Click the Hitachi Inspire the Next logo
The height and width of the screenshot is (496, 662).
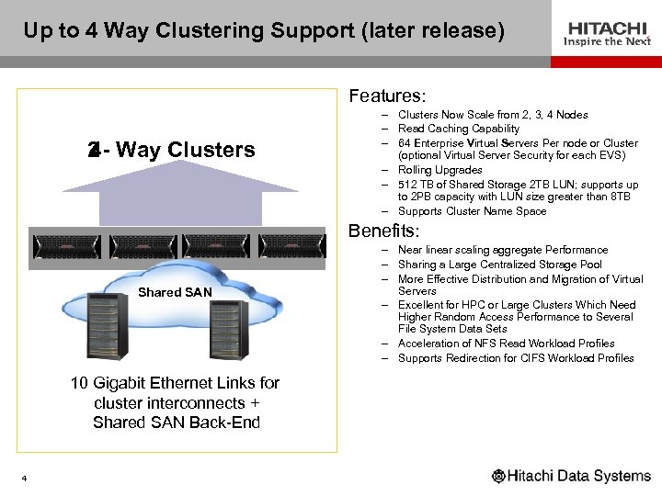(608, 33)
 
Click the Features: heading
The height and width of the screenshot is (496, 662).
(387, 96)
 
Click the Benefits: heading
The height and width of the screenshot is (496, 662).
(384, 231)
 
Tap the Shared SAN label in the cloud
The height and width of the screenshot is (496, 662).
(175, 292)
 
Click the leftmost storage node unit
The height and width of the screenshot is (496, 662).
(68, 246)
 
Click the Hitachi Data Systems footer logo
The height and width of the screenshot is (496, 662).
(571, 476)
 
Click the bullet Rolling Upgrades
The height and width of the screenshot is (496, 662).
(439, 170)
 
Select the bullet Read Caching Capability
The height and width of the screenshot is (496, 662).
(458, 129)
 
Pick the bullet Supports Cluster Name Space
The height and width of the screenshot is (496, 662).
(472, 211)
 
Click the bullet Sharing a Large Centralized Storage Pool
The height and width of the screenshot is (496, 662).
(500, 265)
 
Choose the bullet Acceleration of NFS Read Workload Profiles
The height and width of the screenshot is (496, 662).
(506, 344)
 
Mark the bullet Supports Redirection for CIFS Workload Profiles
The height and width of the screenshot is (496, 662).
(516, 358)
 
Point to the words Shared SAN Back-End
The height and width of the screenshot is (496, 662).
(177, 423)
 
